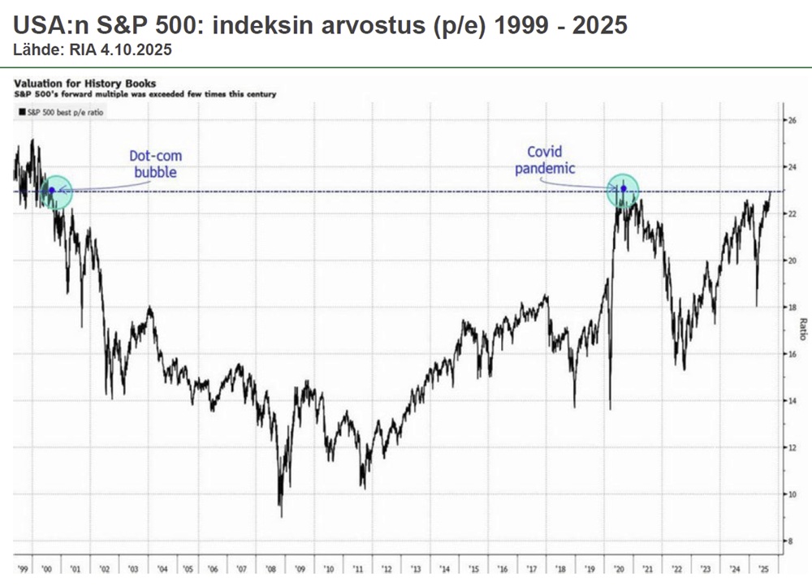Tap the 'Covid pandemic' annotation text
tap(551, 160)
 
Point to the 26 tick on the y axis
tap(793, 120)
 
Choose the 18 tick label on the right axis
tap(793, 308)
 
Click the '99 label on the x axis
tap(22, 571)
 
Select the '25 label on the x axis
tap(762, 571)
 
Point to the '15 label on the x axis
tap(473, 571)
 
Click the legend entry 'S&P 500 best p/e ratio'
tap(60, 112)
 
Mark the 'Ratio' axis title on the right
tap(802, 330)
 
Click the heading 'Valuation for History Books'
tap(85, 83)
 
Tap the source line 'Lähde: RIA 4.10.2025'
tap(92, 50)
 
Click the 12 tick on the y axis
tap(793, 447)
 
